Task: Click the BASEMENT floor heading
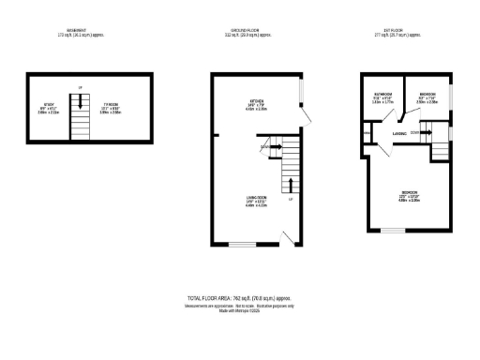79,31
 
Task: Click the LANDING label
399,134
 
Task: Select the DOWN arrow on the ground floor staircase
275,147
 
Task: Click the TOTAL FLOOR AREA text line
240,296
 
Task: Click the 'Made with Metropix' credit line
240,311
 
